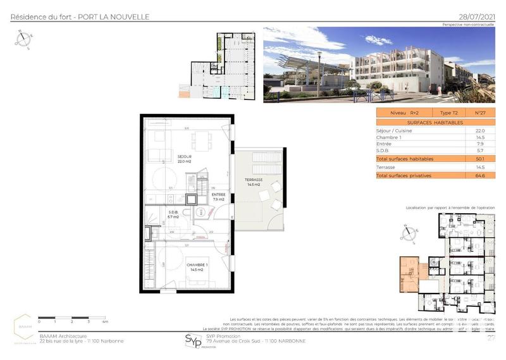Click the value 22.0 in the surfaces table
pyautogui.click(x=479, y=130)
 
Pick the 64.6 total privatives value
pyautogui.click(x=479, y=175)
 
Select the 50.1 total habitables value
pyautogui.click(x=479, y=159)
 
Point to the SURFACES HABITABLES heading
pyautogui.click(x=435, y=121)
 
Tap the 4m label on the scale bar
pyautogui.click(x=106, y=322)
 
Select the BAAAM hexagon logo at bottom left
pyautogui.click(x=25, y=328)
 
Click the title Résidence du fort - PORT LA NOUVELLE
pyautogui.click(x=80, y=16)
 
